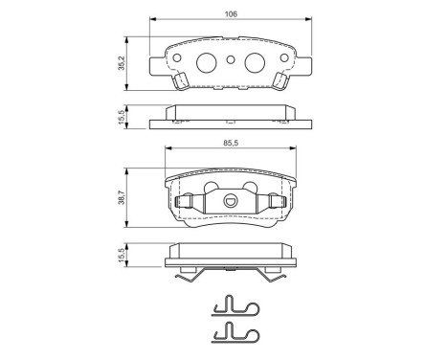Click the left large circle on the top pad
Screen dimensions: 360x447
click(206, 63)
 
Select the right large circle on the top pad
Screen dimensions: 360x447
click(254, 63)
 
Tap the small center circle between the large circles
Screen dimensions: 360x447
click(230, 62)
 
